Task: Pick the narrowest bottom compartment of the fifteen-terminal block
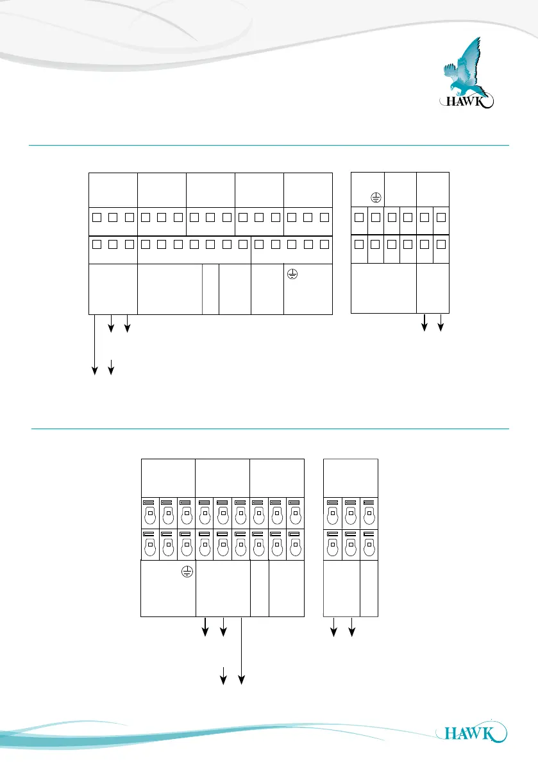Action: click(210, 289)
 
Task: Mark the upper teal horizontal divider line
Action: click(269, 146)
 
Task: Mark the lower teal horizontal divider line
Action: click(269, 429)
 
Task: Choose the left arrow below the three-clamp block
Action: click(333, 627)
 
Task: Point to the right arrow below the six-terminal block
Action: click(440, 323)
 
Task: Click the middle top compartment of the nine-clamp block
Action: click(223, 477)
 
